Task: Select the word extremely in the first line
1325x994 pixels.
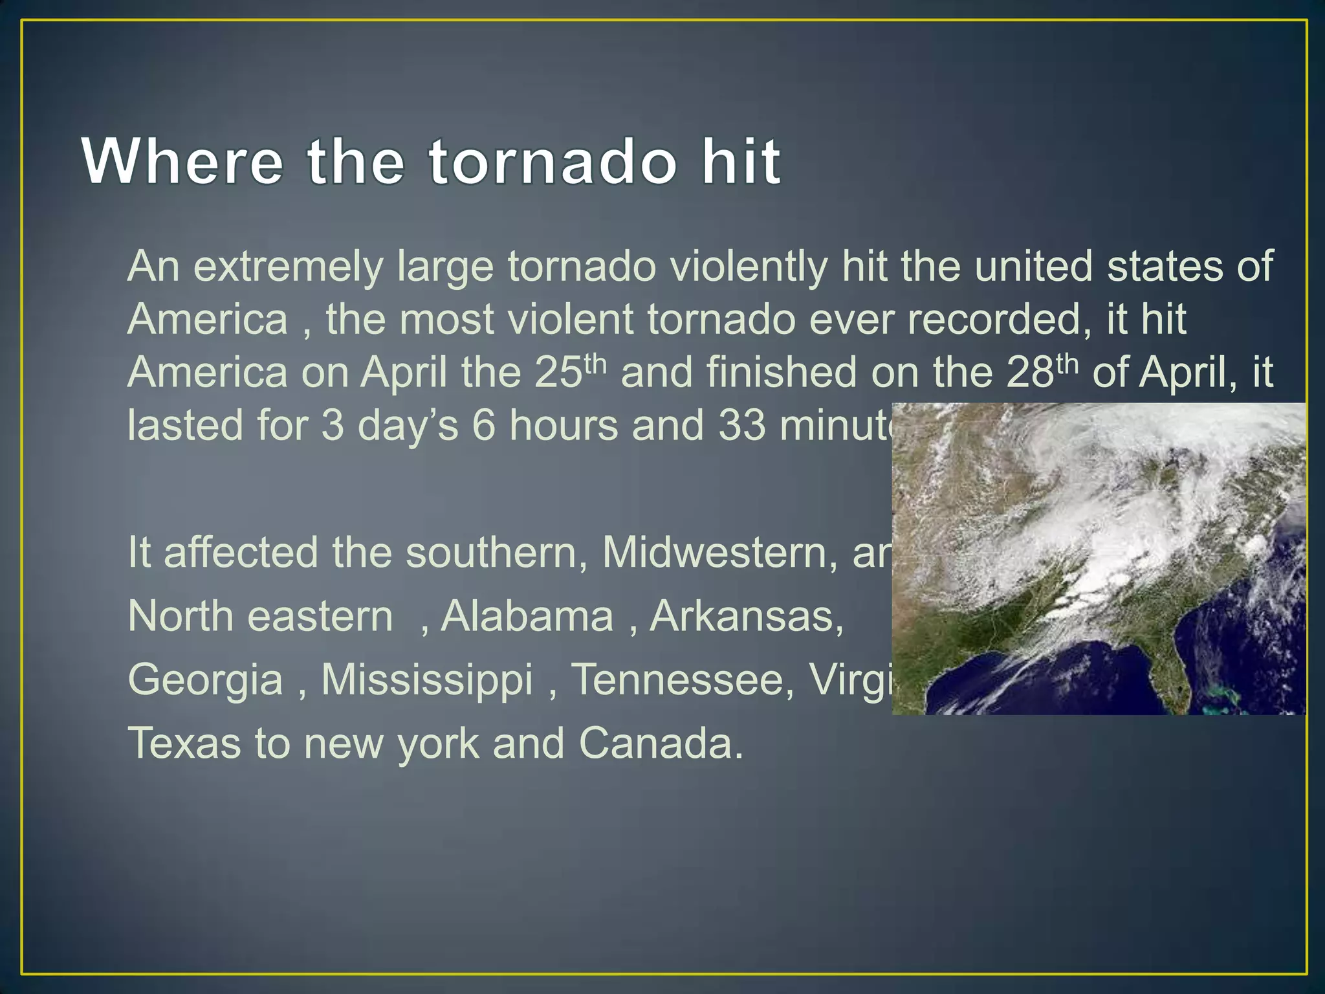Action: (x=288, y=267)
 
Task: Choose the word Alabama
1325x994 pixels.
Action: (x=527, y=616)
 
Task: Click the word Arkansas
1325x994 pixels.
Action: (x=747, y=616)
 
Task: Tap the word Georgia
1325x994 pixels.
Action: (x=206, y=679)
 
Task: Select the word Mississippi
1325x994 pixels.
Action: (x=427, y=679)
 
